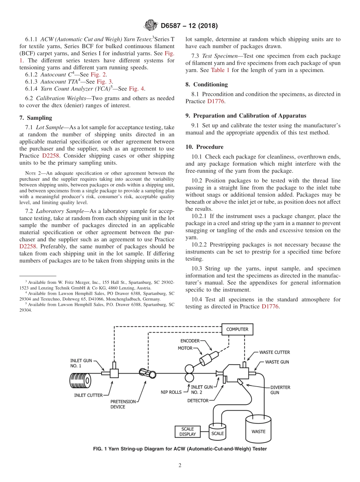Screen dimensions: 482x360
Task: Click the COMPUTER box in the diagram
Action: [237, 329]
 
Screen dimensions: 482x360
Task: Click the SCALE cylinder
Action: [218, 432]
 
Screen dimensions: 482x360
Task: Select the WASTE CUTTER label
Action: [274, 352]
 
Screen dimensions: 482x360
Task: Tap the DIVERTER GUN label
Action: [280, 390]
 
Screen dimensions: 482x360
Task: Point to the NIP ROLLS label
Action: [171, 393]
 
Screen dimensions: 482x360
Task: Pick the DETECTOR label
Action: [198, 401]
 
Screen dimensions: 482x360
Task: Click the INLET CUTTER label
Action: [88, 395]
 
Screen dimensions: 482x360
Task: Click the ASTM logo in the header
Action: [150, 26]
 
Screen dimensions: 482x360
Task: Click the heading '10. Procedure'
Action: [204, 147]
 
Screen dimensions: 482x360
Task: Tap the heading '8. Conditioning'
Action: [207, 84]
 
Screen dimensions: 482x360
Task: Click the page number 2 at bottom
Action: [180, 465]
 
